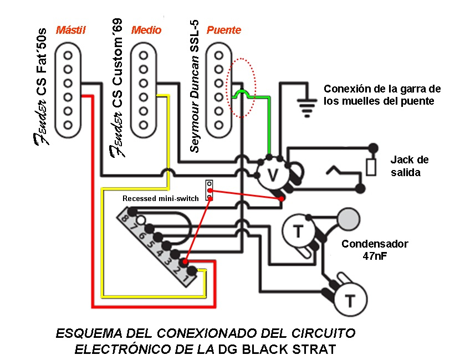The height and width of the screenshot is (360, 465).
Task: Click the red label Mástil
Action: pos(71,30)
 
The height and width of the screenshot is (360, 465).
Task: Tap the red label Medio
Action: pos(146,30)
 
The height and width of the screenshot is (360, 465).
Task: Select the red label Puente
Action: pos(224,30)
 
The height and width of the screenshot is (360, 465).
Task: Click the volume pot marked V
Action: pos(272,174)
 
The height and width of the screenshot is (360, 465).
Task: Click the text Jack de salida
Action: pos(409,166)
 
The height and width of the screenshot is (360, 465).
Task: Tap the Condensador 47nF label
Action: pos(375,250)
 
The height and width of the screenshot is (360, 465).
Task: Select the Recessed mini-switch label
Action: pos(160,198)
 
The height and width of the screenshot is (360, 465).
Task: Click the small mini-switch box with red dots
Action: pos(210,190)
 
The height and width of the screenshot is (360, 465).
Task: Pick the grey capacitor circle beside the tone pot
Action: pos(349,218)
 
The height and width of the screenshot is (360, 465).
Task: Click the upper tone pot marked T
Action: pos(297,230)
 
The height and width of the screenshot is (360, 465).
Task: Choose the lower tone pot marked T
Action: pos(350,301)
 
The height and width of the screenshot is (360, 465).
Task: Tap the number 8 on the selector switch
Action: pos(125,220)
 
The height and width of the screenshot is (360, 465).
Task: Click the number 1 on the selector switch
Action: pos(186,280)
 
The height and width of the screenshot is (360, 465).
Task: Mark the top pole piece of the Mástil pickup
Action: pos(68,56)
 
